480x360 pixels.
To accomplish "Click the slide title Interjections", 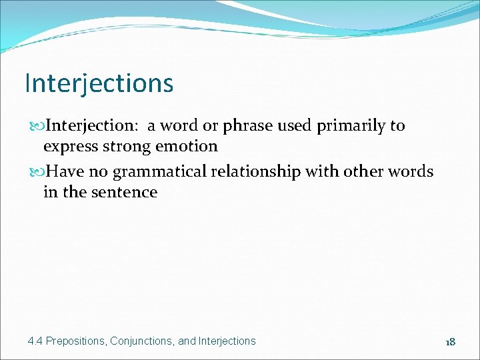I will click(x=99, y=84).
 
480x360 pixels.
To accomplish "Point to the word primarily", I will click(x=351, y=126).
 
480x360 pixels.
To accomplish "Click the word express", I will click(x=69, y=147).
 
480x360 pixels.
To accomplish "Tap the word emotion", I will click(x=188, y=146).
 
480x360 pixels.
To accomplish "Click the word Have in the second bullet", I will click(x=67, y=172).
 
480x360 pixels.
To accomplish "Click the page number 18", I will click(x=450, y=341).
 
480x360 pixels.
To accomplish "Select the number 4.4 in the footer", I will click(x=35, y=341).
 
